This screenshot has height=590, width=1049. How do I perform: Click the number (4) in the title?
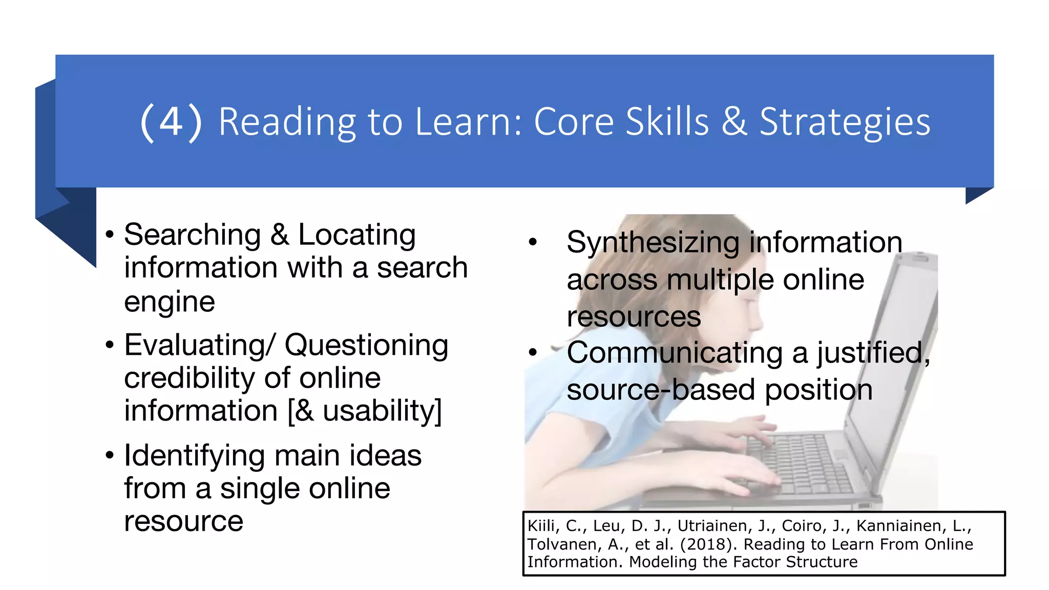tap(171, 122)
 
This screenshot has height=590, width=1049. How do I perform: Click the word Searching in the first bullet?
tap(193, 235)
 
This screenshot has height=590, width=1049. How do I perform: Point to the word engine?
tap(169, 302)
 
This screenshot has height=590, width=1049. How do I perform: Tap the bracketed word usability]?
tap(382, 411)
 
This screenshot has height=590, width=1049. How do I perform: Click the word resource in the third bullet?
tap(183, 521)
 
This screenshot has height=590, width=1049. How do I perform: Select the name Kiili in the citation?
tap(541, 526)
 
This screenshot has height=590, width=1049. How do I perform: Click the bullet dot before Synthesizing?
tap(533, 242)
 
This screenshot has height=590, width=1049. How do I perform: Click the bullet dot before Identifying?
tap(109, 455)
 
